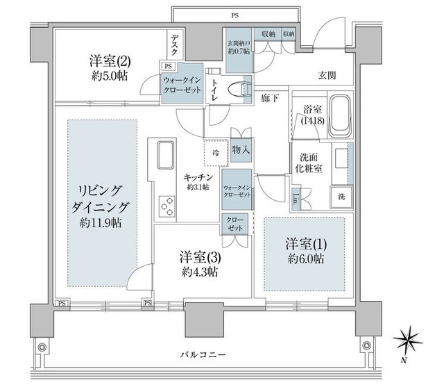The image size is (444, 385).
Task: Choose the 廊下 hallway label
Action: pyautogui.click(x=271, y=98)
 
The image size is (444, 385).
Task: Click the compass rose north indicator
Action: pyautogui.click(x=405, y=343)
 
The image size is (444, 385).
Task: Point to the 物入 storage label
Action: pyautogui.click(x=240, y=149)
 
